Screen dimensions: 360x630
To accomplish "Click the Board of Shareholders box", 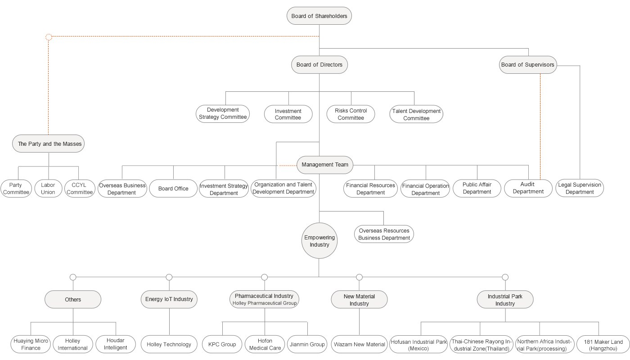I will [319, 16].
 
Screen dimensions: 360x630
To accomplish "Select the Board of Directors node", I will [319, 65].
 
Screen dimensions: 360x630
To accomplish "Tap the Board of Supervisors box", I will [528, 65].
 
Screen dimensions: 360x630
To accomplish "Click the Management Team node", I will [325, 165].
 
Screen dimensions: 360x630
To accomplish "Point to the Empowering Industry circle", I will [319, 241].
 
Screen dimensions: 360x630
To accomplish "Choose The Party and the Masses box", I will [48, 144].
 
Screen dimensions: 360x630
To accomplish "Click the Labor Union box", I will [48, 189].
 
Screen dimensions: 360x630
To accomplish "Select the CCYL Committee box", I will [80, 189].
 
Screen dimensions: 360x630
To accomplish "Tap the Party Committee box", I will [16, 189].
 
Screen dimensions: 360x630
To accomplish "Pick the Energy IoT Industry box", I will [169, 299].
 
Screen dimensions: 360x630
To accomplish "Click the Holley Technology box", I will [169, 344].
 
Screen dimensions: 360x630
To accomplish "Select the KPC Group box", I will [222, 344].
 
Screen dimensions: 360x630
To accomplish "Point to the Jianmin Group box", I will [307, 344].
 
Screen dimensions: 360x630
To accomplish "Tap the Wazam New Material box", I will [359, 344].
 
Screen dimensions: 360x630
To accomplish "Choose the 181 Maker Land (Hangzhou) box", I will [603, 345].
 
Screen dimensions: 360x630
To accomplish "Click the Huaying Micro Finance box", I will [31, 344].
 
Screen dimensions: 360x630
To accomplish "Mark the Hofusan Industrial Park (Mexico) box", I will [418, 345].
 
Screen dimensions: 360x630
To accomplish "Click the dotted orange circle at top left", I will [49, 37].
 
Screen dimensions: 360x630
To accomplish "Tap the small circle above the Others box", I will [73, 277].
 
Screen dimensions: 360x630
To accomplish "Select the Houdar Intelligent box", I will [116, 344].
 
